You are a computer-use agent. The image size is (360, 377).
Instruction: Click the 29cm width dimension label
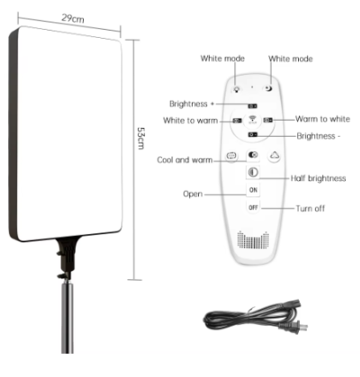tap(73, 18)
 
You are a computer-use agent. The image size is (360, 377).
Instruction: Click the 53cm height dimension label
tap(140, 139)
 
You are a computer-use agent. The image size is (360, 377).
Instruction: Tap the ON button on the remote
tap(253, 190)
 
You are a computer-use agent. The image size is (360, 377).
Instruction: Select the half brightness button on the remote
tap(253, 173)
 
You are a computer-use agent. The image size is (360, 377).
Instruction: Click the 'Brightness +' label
tap(192, 103)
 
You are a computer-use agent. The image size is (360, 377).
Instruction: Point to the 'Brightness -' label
tap(319, 136)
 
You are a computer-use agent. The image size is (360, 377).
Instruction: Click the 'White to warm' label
tap(191, 121)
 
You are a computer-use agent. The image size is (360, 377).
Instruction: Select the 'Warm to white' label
tap(322, 119)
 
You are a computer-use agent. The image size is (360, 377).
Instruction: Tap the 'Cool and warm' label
tap(184, 160)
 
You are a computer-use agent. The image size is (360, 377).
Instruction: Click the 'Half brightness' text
tap(319, 178)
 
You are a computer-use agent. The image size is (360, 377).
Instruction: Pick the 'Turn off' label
tap(310, 209)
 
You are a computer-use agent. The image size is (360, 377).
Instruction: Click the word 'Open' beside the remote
tap(193, 194)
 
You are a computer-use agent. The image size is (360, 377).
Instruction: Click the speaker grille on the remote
tap(253, 239)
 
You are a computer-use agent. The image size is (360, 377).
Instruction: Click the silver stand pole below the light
tap(67, 318)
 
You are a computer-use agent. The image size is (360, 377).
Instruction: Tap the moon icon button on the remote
tap(268, 88)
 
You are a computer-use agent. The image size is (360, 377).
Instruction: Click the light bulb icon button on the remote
tap(237, 89)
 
